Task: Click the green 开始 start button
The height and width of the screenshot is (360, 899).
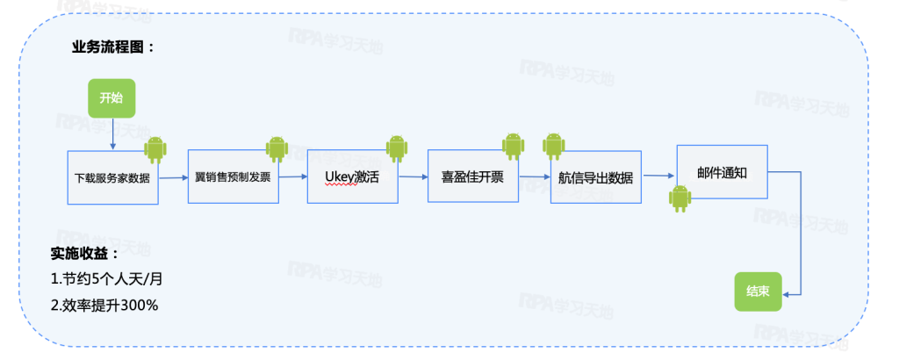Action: (111, 98)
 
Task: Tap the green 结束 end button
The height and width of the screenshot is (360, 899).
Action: (757, 292)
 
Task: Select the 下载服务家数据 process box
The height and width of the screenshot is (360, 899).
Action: (112, 177)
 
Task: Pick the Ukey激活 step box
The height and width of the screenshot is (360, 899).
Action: (351, 176)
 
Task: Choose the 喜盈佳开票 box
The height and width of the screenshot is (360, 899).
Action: (472, 176)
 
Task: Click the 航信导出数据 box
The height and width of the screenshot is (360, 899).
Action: (595, 176)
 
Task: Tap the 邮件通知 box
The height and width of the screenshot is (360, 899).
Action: (722, 172)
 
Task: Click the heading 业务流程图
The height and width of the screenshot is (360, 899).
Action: (113, 47)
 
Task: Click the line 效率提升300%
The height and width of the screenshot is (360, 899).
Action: (104, 305)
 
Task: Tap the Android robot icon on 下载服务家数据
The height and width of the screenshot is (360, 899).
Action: (156, 149)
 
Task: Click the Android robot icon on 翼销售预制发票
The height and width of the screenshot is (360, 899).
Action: (277, 149)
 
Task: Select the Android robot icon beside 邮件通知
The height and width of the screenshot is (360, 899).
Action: (680, 198)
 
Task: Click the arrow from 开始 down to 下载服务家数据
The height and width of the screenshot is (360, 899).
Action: (112, 133)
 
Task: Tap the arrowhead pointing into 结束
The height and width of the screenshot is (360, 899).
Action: (784, 295)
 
